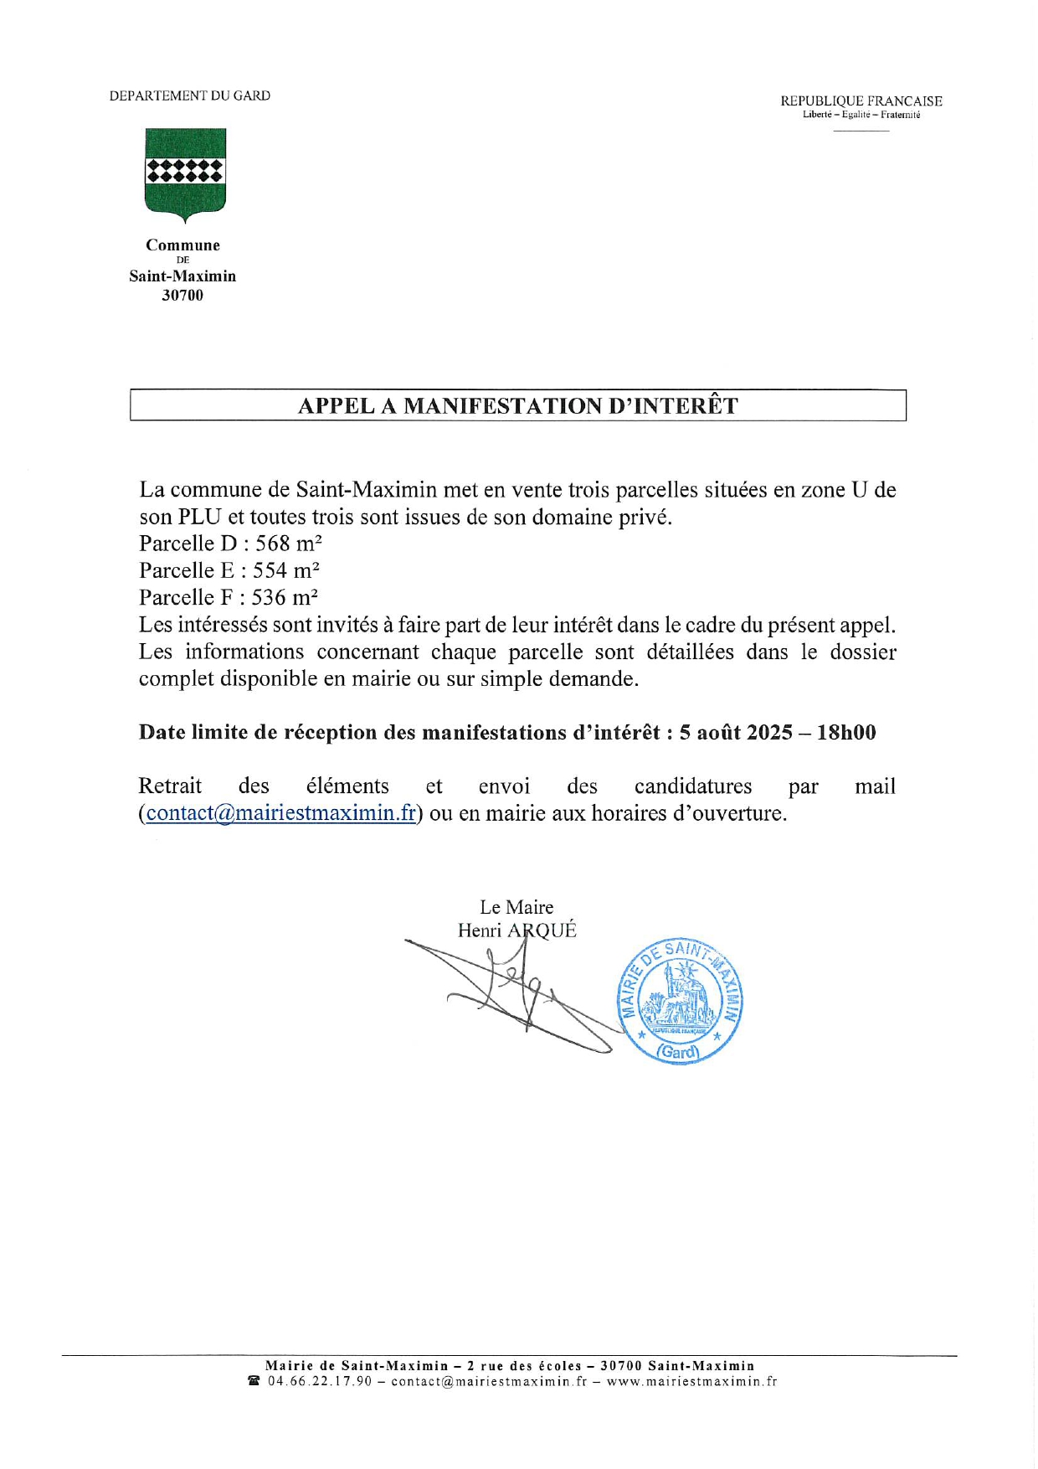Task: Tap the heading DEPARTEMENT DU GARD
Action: pyautogui.click(x=190, y=96)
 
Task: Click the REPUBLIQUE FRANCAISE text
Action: pyautogui.click(x=861, y=101)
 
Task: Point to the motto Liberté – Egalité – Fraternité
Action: pyautogui.click(x=861, y=115)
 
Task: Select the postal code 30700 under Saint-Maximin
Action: pyautogui.click(x=182, y=296)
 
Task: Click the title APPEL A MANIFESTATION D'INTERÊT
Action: pyautogui.click(x=518, y=406)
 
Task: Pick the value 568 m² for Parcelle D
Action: pyautogui.click(x=289, y=544)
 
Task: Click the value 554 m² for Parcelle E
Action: pyautogui.click(x=286, y=570)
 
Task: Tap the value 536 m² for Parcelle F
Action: pyautogui.click(x=285, y=597)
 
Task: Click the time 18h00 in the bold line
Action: pyautogui.click(x=846, y=733)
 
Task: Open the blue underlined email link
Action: pyautogui.click(x=280, y=813)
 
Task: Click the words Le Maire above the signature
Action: pyautogui.click(x=516, y=907)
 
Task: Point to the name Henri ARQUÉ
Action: pyautogui.click(x=516, y=930)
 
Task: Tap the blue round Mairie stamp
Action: pyautogui.click(x=680, y=1001)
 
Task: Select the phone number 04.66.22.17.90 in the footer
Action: pyautogui.click(x=320, y=1381)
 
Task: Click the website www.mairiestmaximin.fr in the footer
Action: pyautogui.click(x=691, y=1381)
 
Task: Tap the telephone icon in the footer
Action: pyautogui.click(x=254, y=1381)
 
